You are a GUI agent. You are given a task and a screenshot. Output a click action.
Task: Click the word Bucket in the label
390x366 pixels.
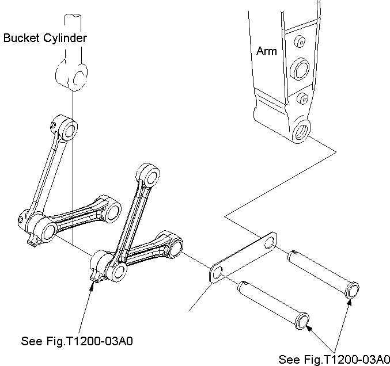pyautogui.click(x=21, y=38)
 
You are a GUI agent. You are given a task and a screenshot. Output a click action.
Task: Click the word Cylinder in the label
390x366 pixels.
pyautogui.click(x=65, y=38)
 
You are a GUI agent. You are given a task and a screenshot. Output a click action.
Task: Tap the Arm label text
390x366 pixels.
pyautogui.click(x=267, y=51)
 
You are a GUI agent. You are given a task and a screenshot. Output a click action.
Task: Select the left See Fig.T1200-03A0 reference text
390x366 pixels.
pyautogui.click(x=77, y=341)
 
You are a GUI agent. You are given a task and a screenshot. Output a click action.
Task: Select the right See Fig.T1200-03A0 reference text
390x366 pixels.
pyautogui.click(x=334, y=359)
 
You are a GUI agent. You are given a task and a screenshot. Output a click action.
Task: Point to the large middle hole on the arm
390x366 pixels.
pyautogui.click(x=300, y=69)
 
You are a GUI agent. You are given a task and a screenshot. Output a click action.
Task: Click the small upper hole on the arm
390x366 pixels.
pyautogui.click(x=300, y=42)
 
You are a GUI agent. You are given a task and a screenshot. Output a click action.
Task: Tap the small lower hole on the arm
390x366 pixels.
pyautogui.click(x=302, y=98)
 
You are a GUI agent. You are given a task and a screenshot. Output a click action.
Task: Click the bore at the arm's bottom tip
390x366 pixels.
pyautogui.click(x=302, y=131)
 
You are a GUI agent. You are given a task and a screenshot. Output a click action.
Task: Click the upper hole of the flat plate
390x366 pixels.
pyautogui.click(x=270, y=242)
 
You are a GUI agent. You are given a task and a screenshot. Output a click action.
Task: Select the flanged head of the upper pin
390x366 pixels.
pyautogui.click(x=352, y=290)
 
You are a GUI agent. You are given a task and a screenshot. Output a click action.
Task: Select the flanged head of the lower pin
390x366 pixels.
pyautogui.click(x=302, y=321)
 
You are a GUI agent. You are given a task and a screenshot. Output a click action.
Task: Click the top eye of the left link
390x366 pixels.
pyautogui.click(x=67, y=128)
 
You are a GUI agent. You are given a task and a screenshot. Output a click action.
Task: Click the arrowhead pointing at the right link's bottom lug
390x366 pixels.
pyautogui.click(x=92, y=286)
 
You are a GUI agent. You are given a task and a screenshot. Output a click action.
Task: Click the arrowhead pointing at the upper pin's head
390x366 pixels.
pyautogui.click(x=350, y=302)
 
